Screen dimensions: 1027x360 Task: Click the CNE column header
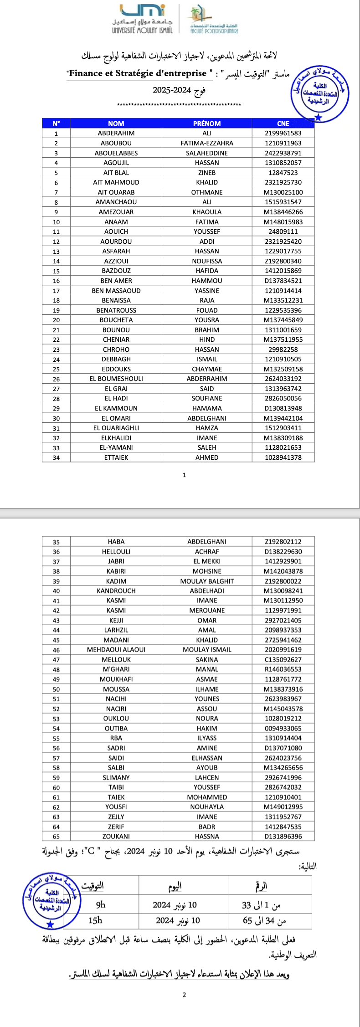(283, 123)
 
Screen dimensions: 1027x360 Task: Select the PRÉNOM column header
(207, 123)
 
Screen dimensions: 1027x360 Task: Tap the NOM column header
(116, 123)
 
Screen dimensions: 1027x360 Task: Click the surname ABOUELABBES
(116, 153)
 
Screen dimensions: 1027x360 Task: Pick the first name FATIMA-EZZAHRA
(207, 143)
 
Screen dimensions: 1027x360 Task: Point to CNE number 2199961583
(283, 134)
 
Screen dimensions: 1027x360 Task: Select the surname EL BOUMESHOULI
(116, 379)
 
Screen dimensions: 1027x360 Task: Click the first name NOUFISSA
(207, 261)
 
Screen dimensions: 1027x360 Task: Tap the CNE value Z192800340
(283, 261)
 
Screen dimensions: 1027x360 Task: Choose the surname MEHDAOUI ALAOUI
(116, 650)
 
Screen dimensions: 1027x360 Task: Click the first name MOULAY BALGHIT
(207, 581)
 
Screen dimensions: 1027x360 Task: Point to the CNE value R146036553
(283, 669)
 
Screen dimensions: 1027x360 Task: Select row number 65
(56, 837)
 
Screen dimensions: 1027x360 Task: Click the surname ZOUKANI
(116, 837)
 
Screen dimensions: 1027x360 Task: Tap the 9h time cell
(101, 904)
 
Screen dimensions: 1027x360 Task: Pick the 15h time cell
(95, 920)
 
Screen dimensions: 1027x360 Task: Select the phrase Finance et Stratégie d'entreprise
(138, 73)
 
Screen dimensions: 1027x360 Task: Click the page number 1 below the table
(184, 475)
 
